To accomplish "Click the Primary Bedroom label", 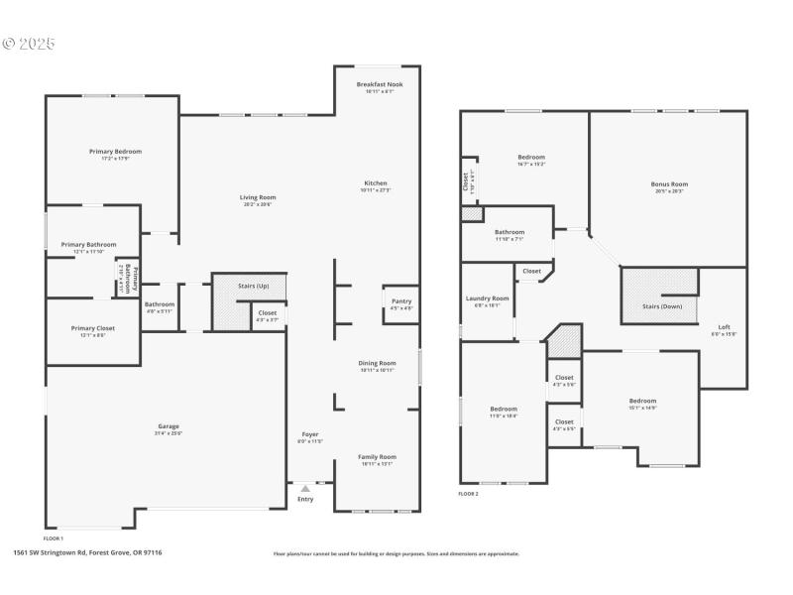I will pos(115,152).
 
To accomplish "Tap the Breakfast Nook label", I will pos(380,84).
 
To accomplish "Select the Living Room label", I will pos(258,197).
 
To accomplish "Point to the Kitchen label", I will pos(376,183).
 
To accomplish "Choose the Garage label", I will pos(169,426).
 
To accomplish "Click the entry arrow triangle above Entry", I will pos(305,488).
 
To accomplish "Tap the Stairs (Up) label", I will pos(253,286).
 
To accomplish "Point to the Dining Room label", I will pos(377,363).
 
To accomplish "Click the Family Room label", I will pos(377,457).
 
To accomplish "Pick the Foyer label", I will pos(310,434).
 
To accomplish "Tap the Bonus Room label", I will pos(669,183).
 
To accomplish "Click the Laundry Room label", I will pos(487,298).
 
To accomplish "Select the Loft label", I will pos(723,327).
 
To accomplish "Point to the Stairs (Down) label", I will pos(662,306).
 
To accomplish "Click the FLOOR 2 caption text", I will pos(468,493).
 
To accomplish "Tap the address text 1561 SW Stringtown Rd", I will pos(88,552).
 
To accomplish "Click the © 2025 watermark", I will pos(29,44).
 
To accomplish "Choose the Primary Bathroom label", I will pos(88,244).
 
